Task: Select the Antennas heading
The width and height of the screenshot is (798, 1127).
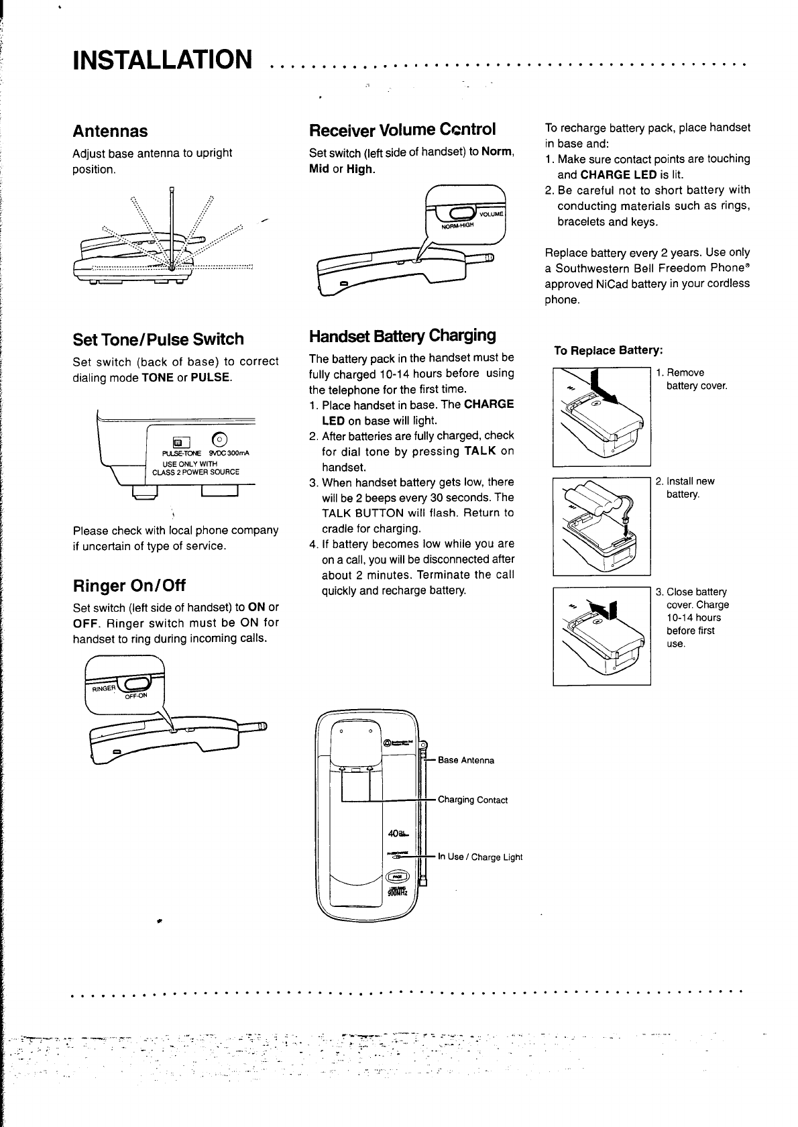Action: click(x=110, y=131)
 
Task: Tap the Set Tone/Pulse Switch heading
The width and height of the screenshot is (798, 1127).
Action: click(x=158, y=339)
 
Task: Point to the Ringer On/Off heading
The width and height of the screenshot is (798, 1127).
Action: click(x=129, y=585)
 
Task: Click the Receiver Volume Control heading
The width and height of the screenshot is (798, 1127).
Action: click(x=402, y=129)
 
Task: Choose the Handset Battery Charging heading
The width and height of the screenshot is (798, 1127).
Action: click(x=402, y=335)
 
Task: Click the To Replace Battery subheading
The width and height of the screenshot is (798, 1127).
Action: click(x=608, y=350)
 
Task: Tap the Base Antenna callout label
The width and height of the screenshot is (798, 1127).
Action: click(x=466, y=760)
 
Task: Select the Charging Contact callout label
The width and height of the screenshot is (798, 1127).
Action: click(x=473, y=800)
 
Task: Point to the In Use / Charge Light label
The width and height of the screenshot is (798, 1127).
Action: click(x=480, y=857)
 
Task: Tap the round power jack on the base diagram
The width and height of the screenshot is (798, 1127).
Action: click(x=220, y=440)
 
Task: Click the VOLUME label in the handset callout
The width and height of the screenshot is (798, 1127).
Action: click(x=492, y=214)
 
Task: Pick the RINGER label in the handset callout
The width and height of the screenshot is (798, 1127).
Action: click(x=105, y=688)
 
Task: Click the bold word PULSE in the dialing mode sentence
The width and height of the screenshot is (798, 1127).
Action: click(x=211, y=378)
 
